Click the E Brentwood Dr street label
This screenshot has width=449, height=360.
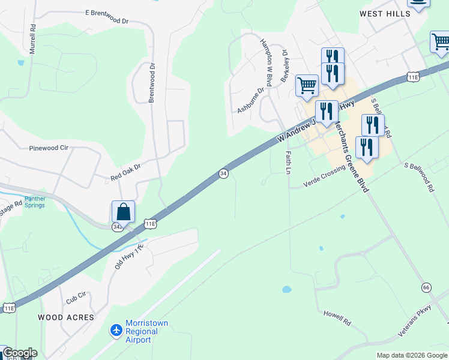click(x=107, y=16)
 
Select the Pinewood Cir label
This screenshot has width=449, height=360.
click(x=53, y=147)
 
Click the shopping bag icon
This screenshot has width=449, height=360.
click(x=123, y=212)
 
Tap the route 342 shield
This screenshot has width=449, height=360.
click(x=118, y=227)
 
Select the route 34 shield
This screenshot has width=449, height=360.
click(x=223, y=173)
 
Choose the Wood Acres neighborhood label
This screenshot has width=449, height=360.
click(x=66, y=317)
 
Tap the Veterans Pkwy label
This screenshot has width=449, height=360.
click(x=415, y=324)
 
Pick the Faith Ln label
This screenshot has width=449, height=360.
click(x=288, y=162)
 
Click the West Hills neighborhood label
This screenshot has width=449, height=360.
click(x=384, y=13)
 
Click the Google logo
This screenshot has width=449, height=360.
click(x=20, y=353)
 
